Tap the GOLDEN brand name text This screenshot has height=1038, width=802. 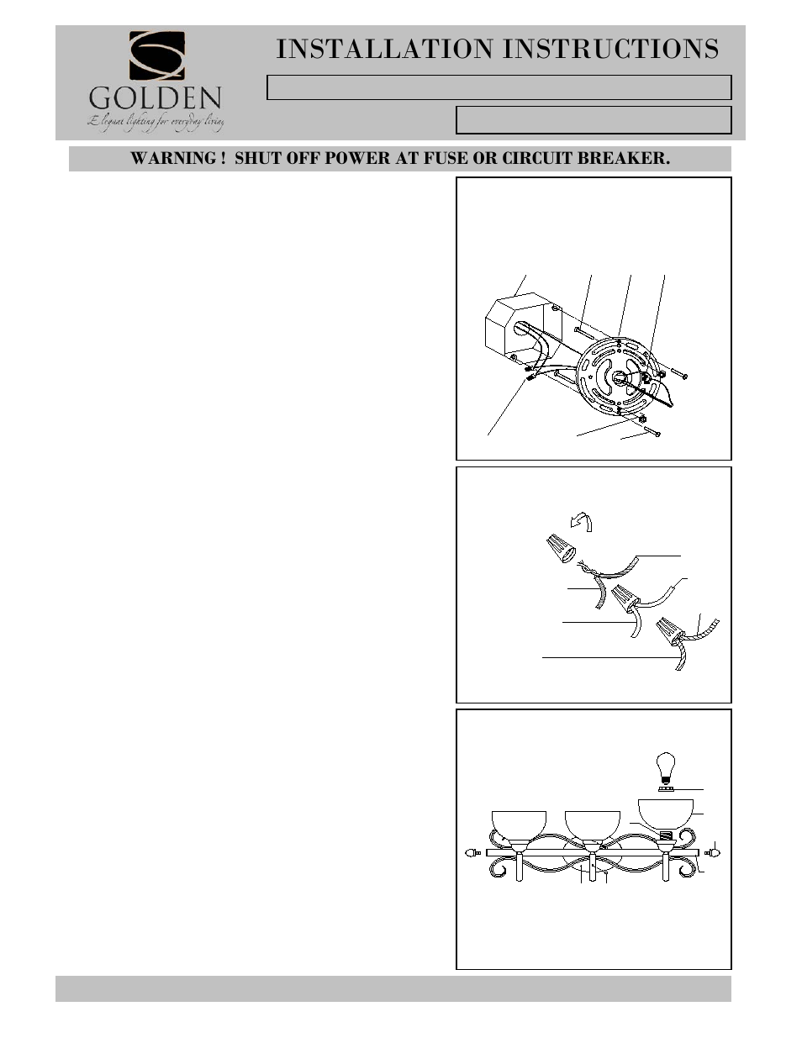[x=156, y=101]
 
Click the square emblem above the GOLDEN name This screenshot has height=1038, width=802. [x=156, y=56]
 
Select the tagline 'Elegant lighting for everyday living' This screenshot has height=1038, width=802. [x=156, y=124]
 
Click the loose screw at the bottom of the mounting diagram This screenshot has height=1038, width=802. [x=651, y=432]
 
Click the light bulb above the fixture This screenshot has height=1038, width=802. [x=666, y=768]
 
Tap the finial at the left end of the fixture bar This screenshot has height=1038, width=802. [x=472, y=853]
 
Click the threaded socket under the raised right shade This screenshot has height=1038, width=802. [x=667, y=836]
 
